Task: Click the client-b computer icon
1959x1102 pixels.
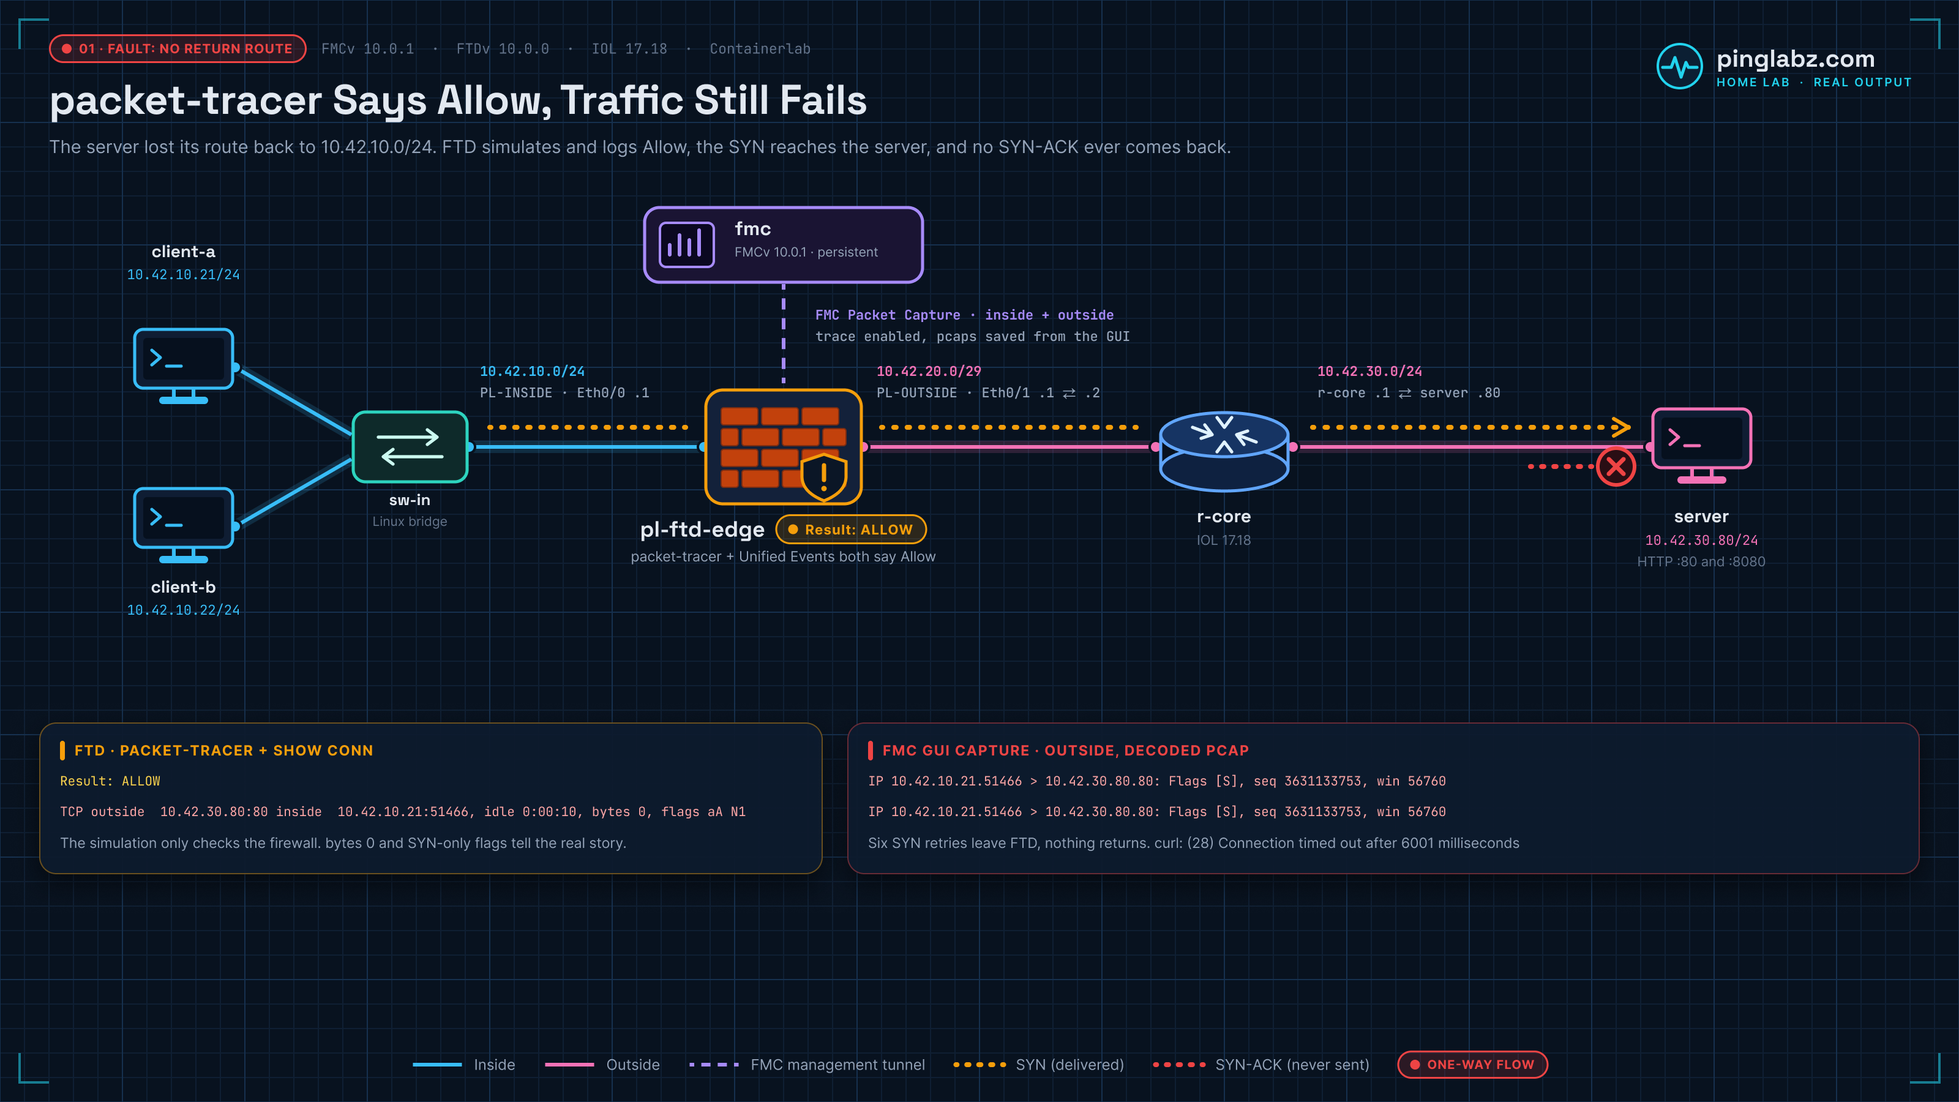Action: [x=183, y=525]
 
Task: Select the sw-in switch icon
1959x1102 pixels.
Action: [x=410, y=446]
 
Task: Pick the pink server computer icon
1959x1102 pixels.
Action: [x=1701, y=445]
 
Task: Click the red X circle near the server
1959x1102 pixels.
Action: [x=1616, y=466]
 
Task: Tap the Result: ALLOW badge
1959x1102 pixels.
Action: [x=851, y=530]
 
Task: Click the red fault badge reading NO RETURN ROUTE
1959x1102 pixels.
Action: [x=178, y=49]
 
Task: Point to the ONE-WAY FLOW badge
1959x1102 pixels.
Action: [x=1472, y=1064]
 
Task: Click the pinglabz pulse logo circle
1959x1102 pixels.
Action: [x=1679, y=66]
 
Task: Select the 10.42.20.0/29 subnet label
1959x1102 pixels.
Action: [x=929, y=371]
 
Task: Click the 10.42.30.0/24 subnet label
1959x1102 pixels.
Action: [x=1369, y=371]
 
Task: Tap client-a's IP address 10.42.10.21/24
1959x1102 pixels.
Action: [x=183, y=274]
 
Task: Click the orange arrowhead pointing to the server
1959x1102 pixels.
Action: [x=1620, y=427]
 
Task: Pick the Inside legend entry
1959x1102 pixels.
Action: [x=464, y=1065]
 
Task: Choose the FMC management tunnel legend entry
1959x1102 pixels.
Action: [x=807, y=1065]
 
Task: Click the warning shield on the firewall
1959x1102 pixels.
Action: [x=823, y=477]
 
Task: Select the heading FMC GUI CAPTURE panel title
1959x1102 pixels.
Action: [x=1065, y=751]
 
